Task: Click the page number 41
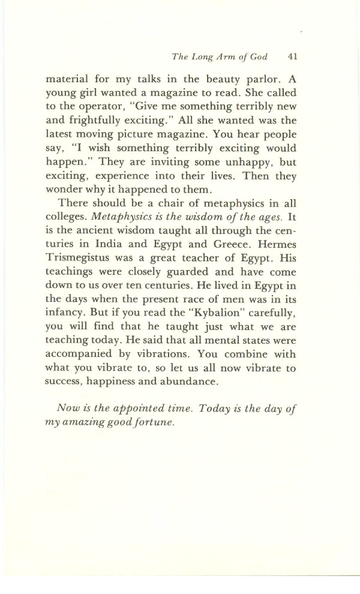293,58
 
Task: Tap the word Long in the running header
200,58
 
